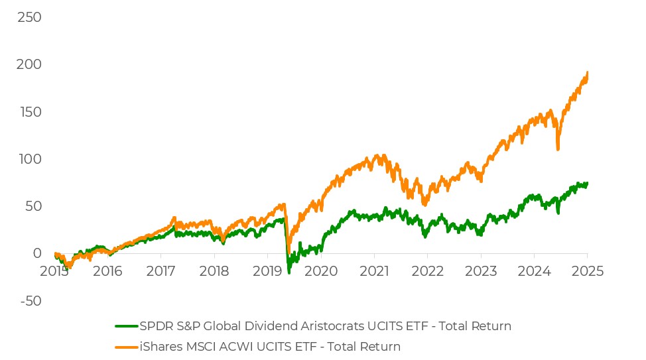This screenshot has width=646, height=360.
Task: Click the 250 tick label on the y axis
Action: coord(29,17)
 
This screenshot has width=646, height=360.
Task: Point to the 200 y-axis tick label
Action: coord(29,64)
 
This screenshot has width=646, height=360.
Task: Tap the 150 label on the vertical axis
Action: coord(29,111)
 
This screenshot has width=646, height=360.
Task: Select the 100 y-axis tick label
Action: coord(29,159)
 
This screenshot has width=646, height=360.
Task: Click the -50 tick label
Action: coord(29,300)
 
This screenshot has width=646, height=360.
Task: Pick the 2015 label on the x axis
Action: coord(54,271)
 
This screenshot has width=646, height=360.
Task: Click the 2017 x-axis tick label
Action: coord(161,271)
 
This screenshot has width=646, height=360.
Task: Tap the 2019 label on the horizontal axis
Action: coord(267,271)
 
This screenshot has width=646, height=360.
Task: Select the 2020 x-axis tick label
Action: coord(320,271)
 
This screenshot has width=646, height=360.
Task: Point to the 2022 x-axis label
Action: coord(427,271)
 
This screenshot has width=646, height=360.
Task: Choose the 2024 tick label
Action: coord(534,271)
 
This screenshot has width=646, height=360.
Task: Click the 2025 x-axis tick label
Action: coord(587,271)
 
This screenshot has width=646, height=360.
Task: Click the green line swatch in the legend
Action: coord(126,326)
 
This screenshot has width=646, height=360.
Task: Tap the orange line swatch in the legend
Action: coord(126,346)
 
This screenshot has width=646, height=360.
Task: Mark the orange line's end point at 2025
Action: coord(587,72)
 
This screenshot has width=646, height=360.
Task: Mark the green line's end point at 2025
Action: coord(587,183)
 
